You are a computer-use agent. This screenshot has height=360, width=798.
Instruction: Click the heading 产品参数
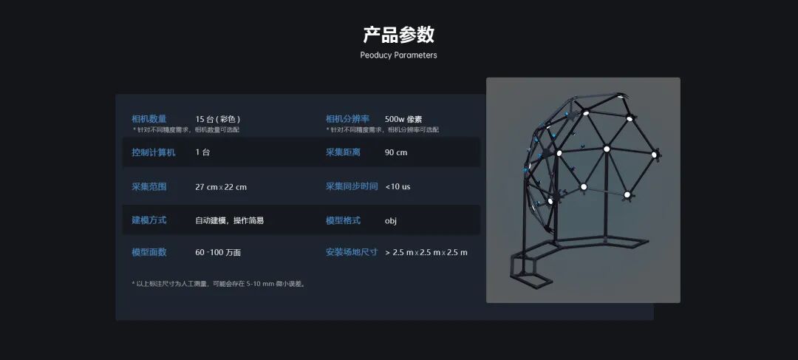pyautogui.click(x=398, y=34)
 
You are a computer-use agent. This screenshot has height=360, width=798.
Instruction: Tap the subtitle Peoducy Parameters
pyautogui.click(x=398, y=55)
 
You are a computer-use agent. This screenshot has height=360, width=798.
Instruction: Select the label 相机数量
pyautogui.click(x=149, y=119)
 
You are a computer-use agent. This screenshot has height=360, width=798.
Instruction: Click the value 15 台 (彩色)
pyautogui.click(x=218, y=119)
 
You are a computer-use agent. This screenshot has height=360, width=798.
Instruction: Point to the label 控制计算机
pyautogui.click(x=154, y=152)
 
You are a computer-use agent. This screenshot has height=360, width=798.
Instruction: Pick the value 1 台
pyautogui.click(x=202, y=152)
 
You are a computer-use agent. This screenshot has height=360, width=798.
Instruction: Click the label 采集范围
pyautogui.click(x=149, y=186)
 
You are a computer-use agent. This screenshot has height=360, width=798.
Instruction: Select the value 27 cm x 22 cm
pyautogui.click(x=221, y=186)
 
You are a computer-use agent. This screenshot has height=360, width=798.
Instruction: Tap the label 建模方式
pyautogui.click(x=149, y=220)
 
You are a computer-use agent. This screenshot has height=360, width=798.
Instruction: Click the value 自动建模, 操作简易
pyautogui.click(x=229, y=220)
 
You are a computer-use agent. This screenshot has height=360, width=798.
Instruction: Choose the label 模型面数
pyautogui.click(x=149, y=252)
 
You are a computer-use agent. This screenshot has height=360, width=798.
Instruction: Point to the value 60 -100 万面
pyautogui.click(x=218, y=252)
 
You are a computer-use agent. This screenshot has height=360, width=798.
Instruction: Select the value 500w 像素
pyautogui.click(x=403, y=119)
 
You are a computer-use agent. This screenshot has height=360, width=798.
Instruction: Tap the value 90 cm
pyautogui.click(x=396, y=152)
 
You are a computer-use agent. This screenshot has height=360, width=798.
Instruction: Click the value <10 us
pyautogui.click(x=398, y=186)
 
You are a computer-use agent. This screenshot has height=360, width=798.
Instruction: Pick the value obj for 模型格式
pyautogui.click(x=391, y=220)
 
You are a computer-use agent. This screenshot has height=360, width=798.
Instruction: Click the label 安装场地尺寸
pyautogui.click(x=352, y=252)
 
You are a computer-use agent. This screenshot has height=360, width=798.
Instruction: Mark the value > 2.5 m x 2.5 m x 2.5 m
pyautogui.click(x=426, y=252)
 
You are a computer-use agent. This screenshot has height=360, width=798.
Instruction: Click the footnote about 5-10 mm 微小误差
pyautogui.click(x=219, y=283)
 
